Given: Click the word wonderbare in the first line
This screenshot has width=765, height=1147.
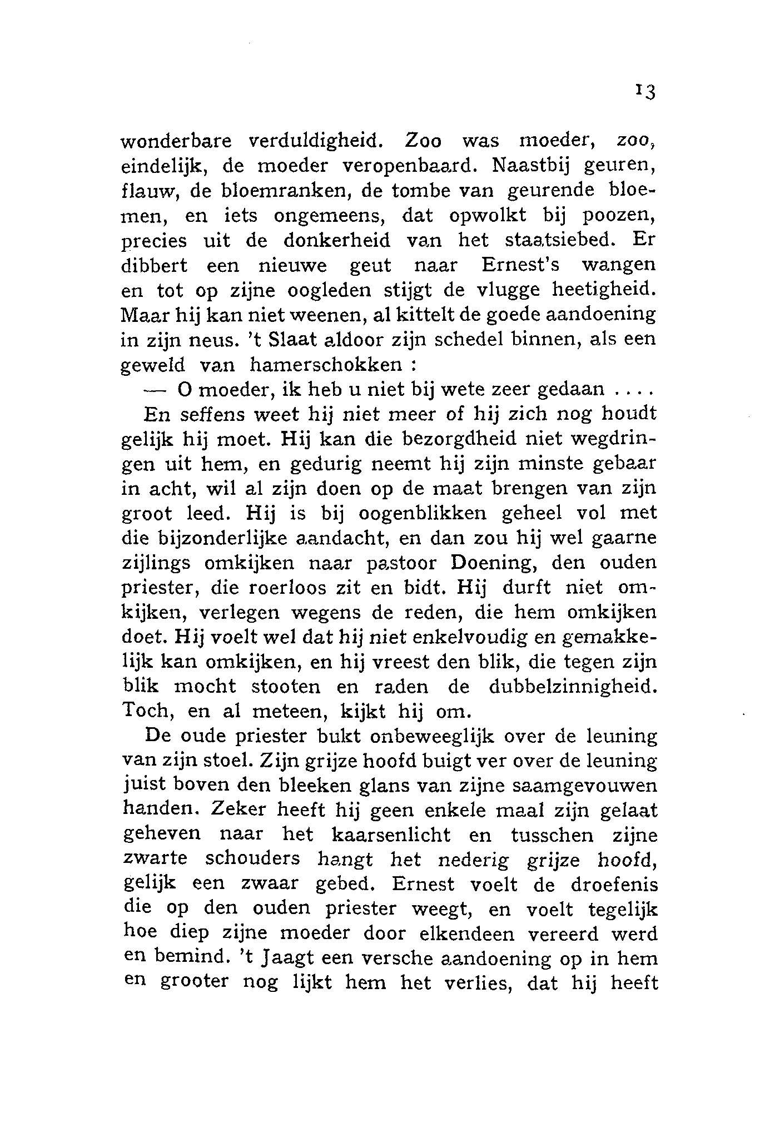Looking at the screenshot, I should [x=176, y=141].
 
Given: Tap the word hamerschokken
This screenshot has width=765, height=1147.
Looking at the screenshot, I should [x=326, y=365].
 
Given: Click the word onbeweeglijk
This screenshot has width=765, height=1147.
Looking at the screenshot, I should [x=433, y=737].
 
